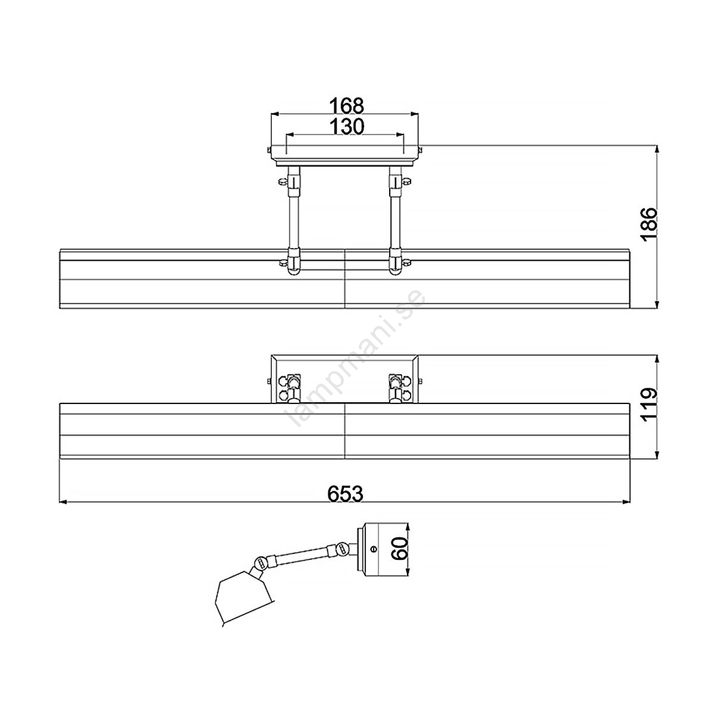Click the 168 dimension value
point(347,106)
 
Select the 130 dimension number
point(347,127)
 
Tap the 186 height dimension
point(650,225)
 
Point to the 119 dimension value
point(650,405)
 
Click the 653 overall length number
point(345,493)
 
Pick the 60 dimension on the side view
point(399,549)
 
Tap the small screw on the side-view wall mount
point(374,550)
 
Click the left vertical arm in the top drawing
point(294,221)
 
